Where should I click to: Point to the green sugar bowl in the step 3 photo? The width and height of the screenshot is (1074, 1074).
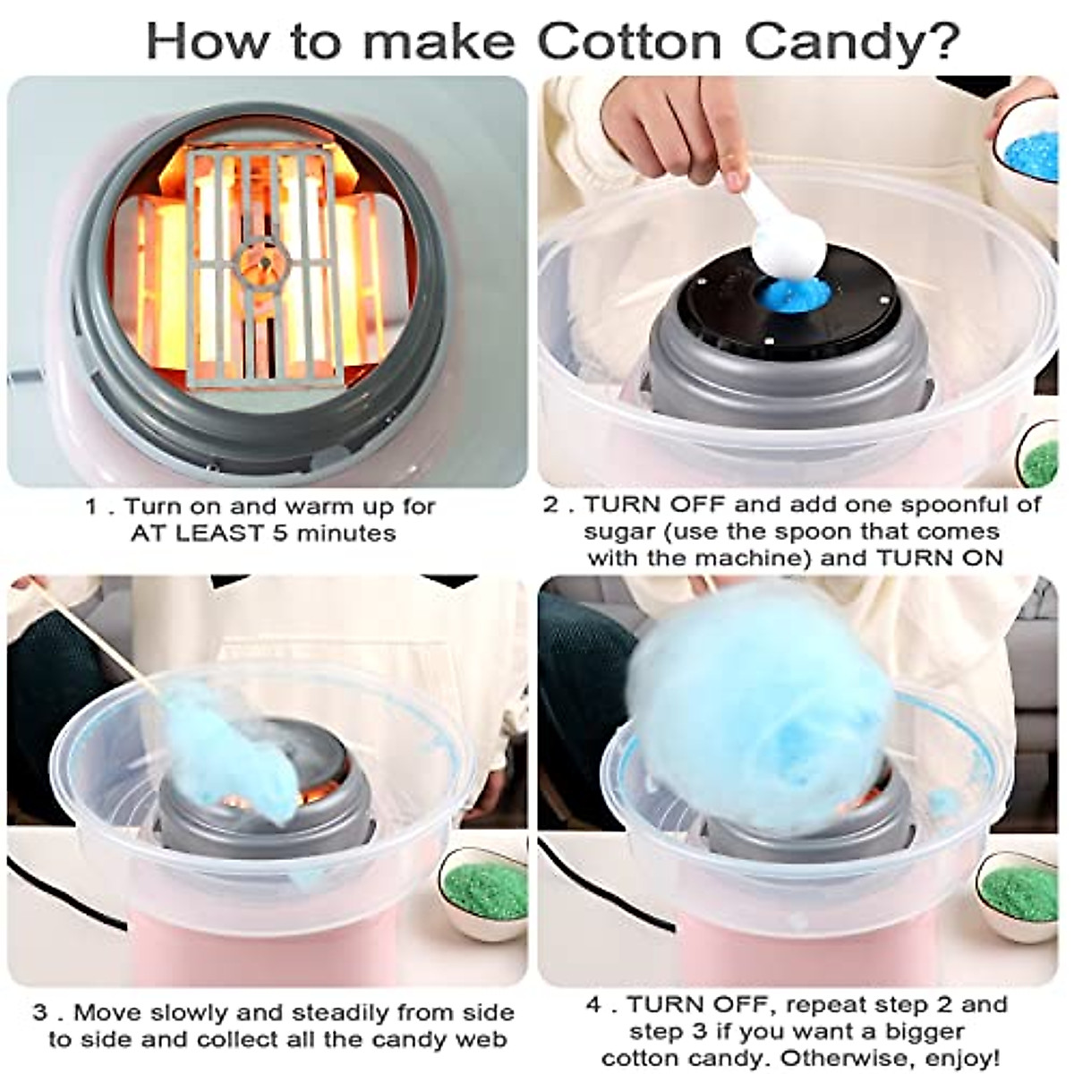485,886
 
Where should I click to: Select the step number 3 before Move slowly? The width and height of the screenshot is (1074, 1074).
40,1013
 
